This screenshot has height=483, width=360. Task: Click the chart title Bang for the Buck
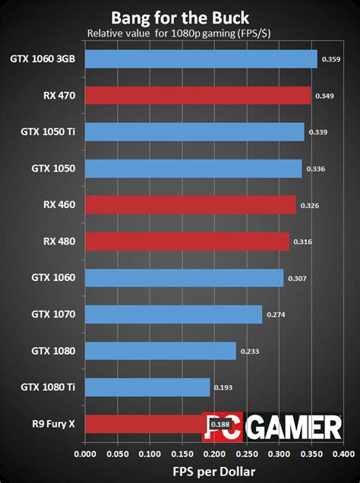click(179, 17)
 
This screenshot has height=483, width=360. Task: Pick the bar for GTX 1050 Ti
click(194, 132)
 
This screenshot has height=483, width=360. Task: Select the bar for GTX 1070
click(173, 314)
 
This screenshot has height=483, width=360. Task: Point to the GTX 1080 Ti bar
click(147, 387)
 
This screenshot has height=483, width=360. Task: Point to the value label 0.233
click(251, 352)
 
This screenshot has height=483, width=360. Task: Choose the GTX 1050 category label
click(53, 169)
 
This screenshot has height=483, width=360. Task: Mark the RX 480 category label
click(59, 241)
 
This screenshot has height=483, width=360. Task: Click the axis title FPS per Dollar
click(213, 472)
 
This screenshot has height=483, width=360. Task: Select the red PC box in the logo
click(219, 428)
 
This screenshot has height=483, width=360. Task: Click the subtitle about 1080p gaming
click(180, 33)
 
